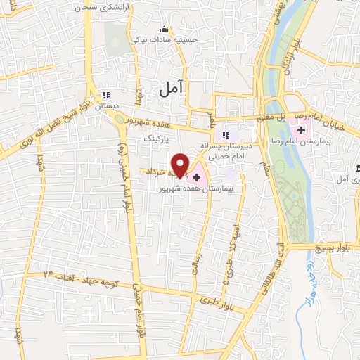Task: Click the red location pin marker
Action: (181, 165)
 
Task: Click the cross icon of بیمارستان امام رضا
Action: (302, 130)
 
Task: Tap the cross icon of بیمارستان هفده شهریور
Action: (196, 177)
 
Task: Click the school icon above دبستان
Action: (107, 95)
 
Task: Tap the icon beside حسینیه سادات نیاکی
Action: (165, 30)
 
